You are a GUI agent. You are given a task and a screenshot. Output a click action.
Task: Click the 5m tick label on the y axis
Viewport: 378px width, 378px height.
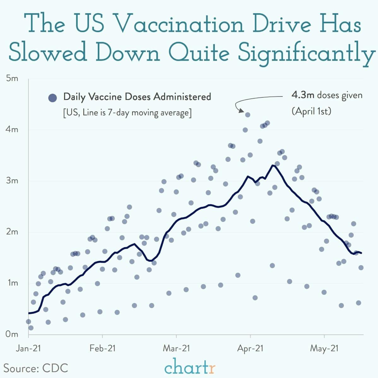(12, 79)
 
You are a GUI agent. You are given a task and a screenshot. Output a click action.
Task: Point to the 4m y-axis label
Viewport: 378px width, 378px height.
(12, 130)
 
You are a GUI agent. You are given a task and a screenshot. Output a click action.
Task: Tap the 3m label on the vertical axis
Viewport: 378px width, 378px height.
(12, 181)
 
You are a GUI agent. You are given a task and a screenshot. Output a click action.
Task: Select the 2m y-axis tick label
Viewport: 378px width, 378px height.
(12, 232)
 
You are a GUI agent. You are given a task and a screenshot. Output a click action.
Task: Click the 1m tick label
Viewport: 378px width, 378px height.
(12, 283)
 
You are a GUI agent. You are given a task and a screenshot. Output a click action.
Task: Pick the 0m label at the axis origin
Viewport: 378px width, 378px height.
(12, 334)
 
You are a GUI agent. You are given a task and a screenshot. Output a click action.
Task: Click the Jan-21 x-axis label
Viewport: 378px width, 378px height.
(28, 348)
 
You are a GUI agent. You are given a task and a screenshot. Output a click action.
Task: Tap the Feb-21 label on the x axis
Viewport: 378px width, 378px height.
(102, 348)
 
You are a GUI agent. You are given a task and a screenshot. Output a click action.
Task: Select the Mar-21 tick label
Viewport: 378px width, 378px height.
(176, 348)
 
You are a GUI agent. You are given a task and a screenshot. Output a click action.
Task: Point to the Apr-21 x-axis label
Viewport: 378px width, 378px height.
(250, 348)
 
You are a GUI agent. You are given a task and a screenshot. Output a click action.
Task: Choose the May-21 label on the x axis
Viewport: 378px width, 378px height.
(324, 348)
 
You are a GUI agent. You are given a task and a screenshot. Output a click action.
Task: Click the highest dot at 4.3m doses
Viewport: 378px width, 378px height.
(248, 115)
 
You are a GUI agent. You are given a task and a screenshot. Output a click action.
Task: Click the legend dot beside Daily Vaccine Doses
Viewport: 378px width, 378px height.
(52, 98)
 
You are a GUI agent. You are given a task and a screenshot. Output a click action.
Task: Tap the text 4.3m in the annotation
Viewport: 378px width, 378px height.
(303, 95)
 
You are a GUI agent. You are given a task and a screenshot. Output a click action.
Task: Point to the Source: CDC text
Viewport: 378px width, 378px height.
(36, 368)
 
